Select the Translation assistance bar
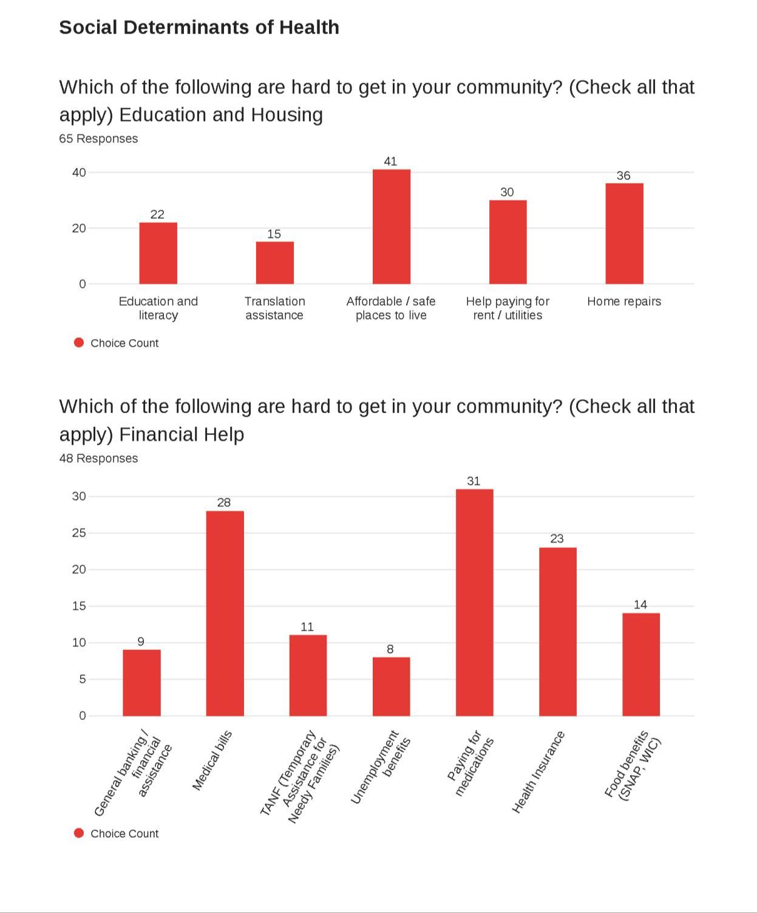[x=274, y=263]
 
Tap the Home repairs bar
[x=624, y=234]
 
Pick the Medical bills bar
[x=225, y=614]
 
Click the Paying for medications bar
[x=474, y=603]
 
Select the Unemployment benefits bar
[x=391, y=686]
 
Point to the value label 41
[x=390, y=162]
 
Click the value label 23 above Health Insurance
[x=557, y=539]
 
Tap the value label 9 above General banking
[x=141, y=641]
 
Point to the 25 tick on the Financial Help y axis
[x=79, y=533]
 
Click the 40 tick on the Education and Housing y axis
[x=79, y=173]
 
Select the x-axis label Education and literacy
[x=158, y=308]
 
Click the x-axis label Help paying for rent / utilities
[x=507, y=308]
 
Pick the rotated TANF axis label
[x=300, y=776]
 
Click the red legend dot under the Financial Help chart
[x=78, y=833]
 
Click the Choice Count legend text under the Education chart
[x=124, y=343]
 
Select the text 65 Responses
[x=98, y=139]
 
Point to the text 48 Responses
[x=98, y=459]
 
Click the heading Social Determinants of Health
[x=199, y=27]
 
